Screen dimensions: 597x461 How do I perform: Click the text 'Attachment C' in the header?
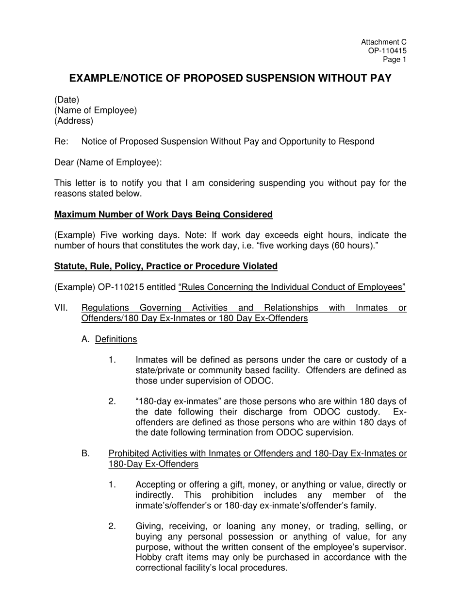[384, 43]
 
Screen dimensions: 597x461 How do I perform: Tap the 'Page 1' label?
[395, 60]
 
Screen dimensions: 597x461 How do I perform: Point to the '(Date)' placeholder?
[66, 100]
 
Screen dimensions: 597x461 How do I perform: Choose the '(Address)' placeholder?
[73, 121]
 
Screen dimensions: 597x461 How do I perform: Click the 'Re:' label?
[61, 142]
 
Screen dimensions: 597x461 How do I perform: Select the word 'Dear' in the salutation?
[64, 163]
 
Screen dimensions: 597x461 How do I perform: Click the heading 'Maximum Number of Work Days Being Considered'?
[163, 215]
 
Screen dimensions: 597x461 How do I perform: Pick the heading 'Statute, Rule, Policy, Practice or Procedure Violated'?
[166, 266]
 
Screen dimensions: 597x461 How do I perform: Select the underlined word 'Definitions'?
[116, 339]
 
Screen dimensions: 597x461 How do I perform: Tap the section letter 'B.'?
[86, 454]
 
